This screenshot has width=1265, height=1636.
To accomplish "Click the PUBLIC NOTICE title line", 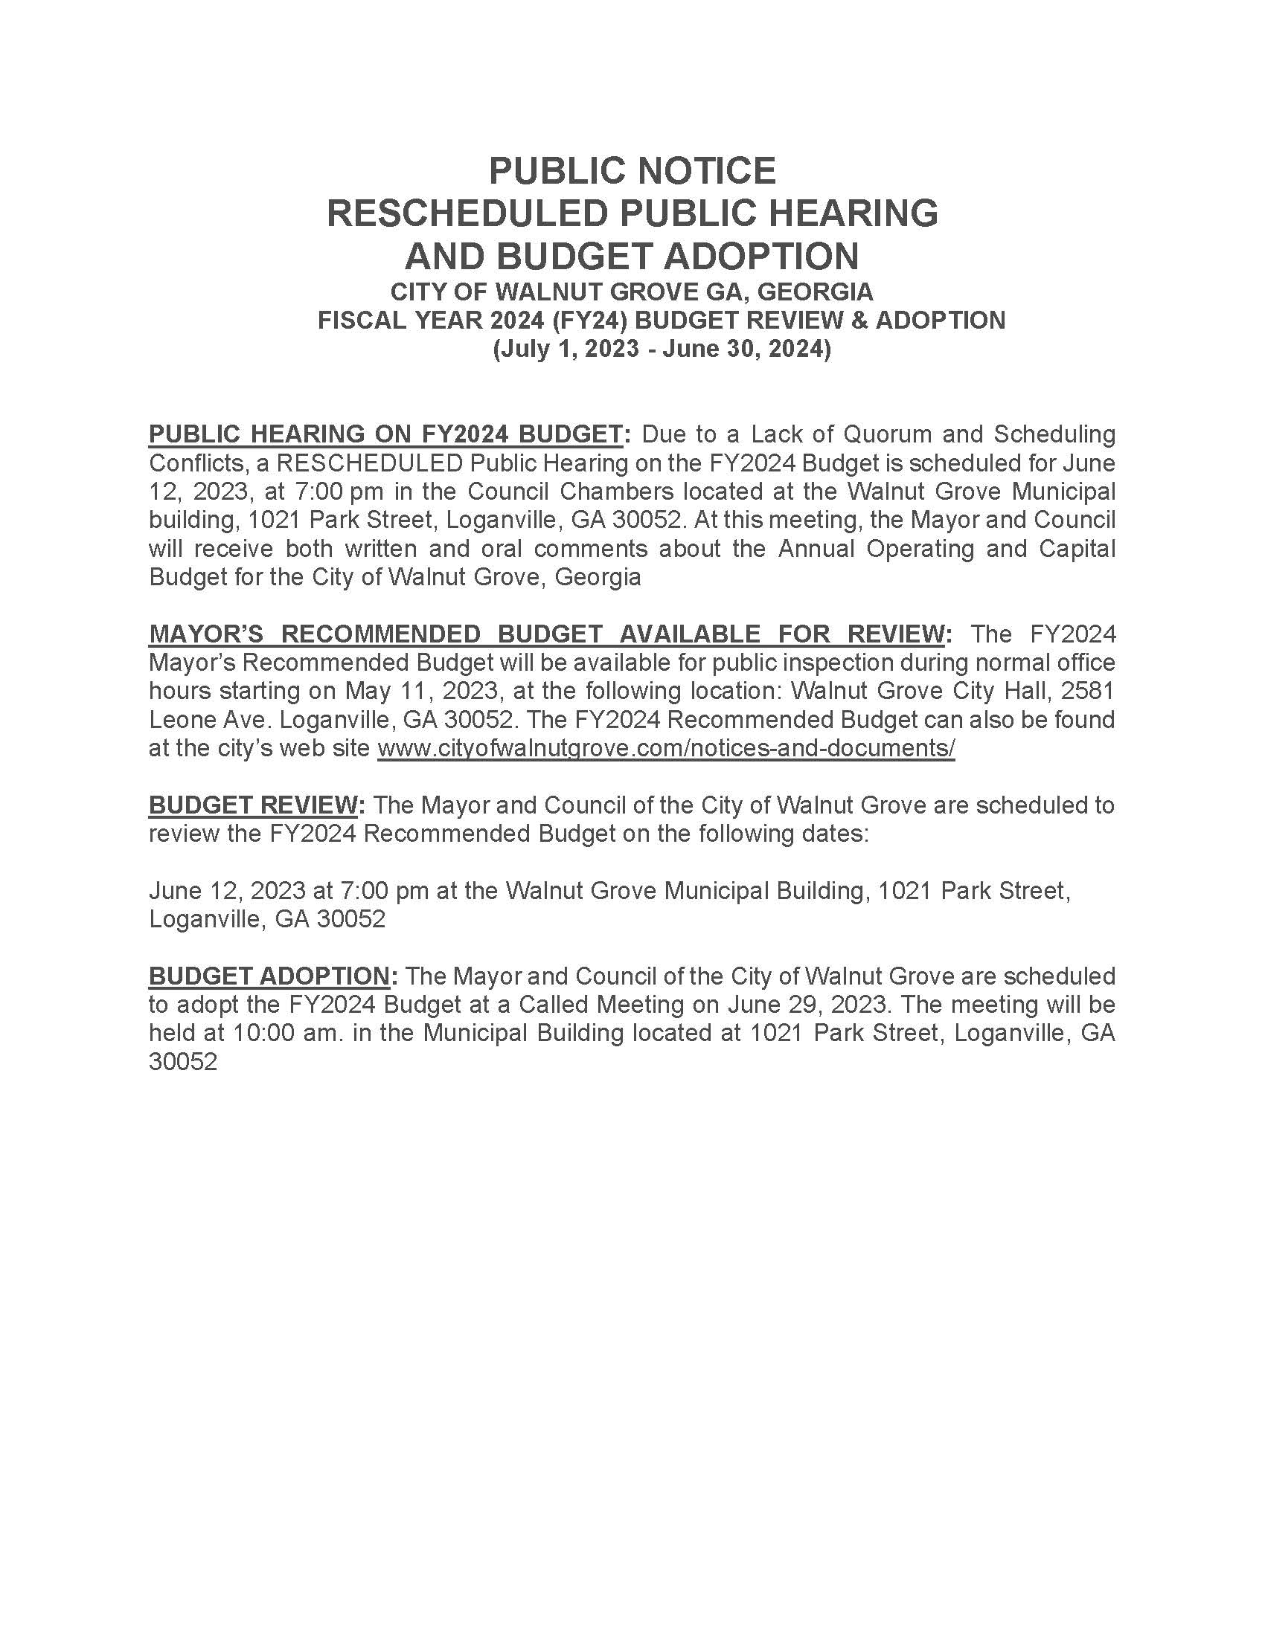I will pyautogui.click(x=632, y=171).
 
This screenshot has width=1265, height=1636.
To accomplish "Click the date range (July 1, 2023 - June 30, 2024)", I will pyautogui.click(x=662, y=349).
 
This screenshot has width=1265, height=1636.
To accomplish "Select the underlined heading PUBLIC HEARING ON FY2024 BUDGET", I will pyautogui.click(x=385, y=434).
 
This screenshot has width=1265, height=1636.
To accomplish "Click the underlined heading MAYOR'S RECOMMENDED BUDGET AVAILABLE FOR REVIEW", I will pyautogui.click(x=545, y=634).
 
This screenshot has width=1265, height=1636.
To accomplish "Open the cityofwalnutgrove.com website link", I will pyautogui.click(x=665, y=748).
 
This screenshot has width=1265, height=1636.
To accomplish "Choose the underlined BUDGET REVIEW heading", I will pyautogui.click(x=252, y=805).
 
